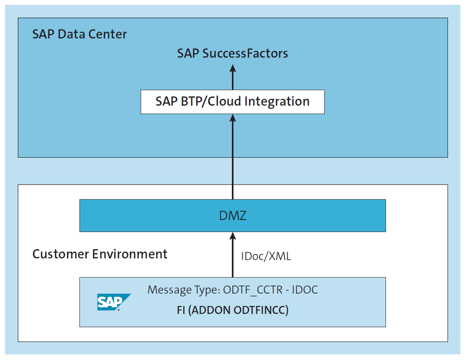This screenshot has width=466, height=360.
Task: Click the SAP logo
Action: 113,302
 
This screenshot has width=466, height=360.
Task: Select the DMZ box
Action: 232,215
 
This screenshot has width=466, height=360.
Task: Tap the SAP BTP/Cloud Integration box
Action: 232,102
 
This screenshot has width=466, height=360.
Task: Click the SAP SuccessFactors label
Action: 232,53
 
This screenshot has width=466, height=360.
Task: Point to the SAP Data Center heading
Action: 80,34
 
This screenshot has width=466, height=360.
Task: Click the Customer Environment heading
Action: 100,254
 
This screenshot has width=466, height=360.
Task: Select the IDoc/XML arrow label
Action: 266,257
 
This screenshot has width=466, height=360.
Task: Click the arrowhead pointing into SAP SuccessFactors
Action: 232,68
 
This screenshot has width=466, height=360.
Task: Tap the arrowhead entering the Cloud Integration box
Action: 232,119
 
